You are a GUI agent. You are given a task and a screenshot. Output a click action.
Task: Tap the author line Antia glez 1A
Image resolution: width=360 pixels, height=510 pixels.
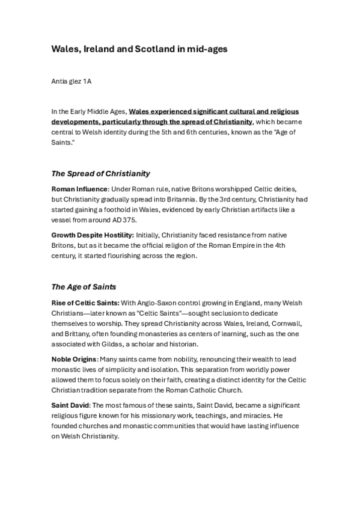click(x=73, y=81)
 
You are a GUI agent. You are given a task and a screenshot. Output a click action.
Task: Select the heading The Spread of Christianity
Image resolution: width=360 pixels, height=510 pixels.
click(x=100, y=174)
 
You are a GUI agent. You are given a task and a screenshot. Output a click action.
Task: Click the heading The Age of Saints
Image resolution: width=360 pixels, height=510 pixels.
click(x=84, y=286)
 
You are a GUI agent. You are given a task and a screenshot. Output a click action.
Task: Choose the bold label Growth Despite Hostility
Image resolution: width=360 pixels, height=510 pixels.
click(x=93, y=235)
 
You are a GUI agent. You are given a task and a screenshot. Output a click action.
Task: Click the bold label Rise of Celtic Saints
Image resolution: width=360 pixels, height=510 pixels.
click(x=85, y=302)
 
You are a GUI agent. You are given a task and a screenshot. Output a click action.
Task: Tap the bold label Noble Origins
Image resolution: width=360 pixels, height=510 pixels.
click(x=75, y=359)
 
